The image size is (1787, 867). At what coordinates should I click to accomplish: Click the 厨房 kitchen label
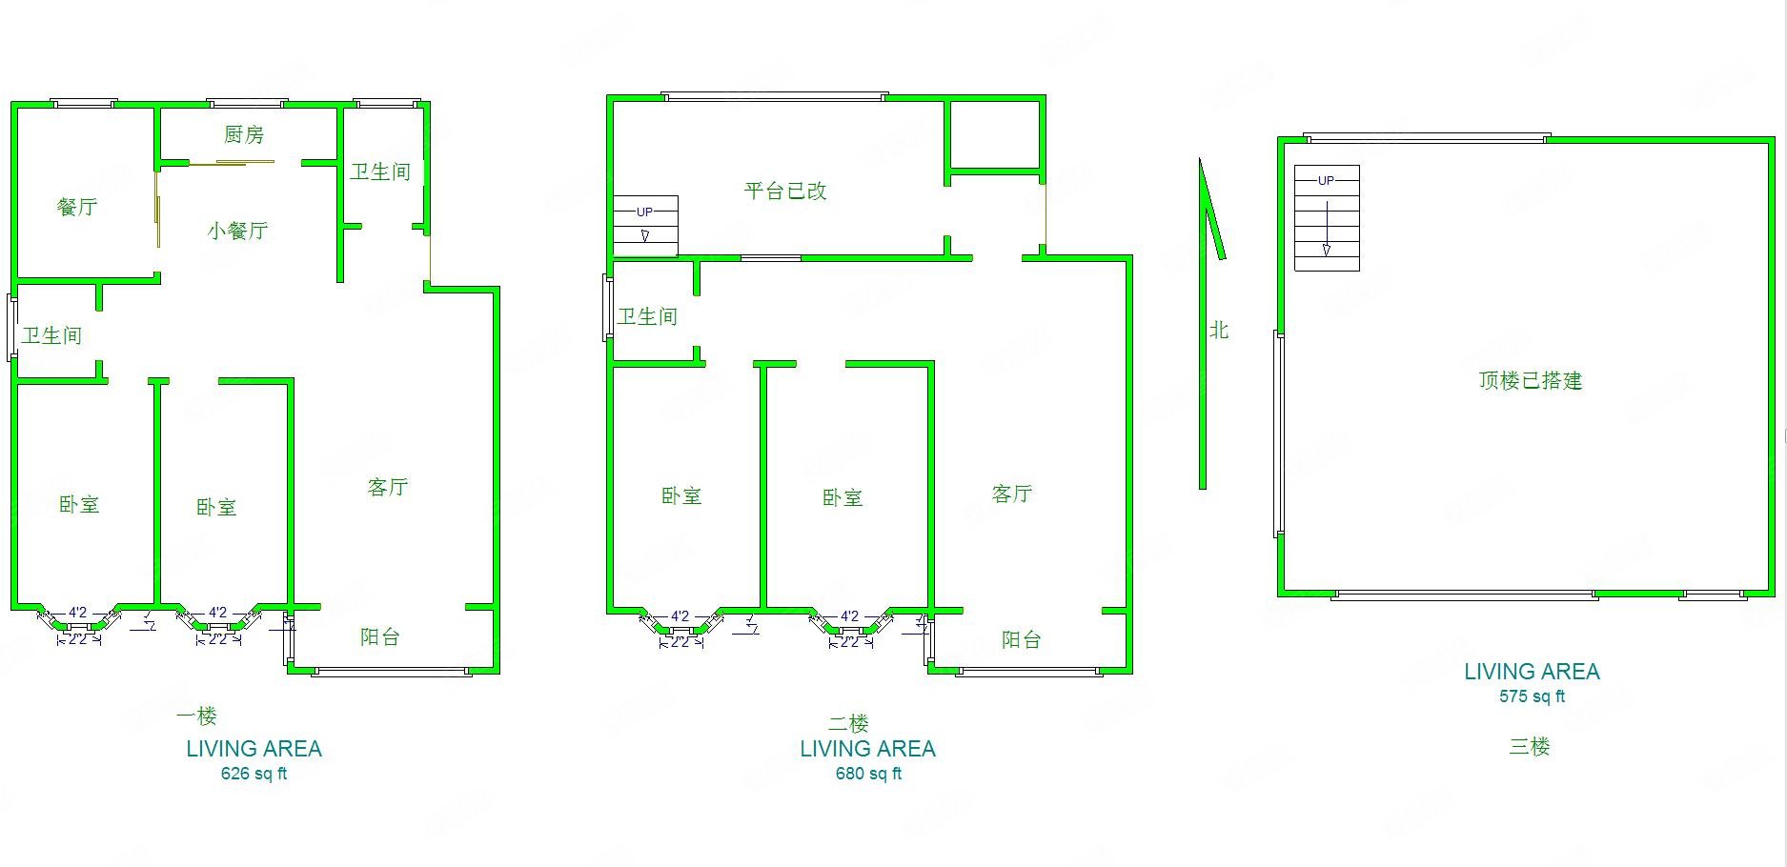(244, 135)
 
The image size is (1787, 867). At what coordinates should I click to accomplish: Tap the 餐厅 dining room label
(77, 207)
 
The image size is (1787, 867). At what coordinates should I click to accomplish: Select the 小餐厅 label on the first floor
(237, 231)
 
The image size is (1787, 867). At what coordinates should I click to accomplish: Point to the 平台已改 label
(784, 191)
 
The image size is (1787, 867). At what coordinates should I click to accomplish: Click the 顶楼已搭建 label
(1530, 381)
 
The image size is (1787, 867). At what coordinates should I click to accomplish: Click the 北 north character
(1219, 331)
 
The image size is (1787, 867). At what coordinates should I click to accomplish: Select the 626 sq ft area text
(254, 774)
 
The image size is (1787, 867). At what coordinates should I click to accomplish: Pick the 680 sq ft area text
(868, 774)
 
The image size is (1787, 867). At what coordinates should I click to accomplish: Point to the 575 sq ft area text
(1532, 696)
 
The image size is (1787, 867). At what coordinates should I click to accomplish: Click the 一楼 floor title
(196, 716)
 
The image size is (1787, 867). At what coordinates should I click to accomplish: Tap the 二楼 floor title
(848, 724)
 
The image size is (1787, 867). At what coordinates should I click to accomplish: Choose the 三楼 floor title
(1529, 747)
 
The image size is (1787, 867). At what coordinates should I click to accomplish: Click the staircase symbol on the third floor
(1327, 218)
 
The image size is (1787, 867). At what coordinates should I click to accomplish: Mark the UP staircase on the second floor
(645, 226)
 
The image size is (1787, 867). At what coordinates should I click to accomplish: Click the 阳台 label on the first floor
(379, 637)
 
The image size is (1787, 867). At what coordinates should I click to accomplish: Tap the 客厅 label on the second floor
(1012, 494)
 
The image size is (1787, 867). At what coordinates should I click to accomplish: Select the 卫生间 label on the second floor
(647, 316)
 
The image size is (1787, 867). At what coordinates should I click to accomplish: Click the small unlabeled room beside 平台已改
(995, 135)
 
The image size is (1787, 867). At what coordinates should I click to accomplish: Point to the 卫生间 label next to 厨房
(380, 171)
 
